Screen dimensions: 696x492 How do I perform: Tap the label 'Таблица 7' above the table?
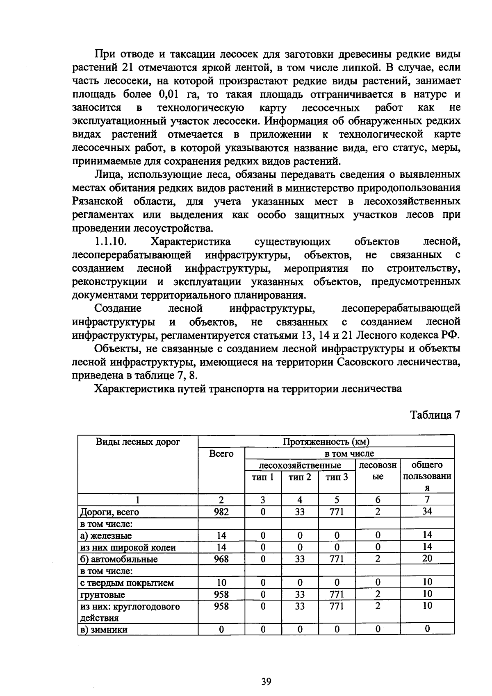[435, 415]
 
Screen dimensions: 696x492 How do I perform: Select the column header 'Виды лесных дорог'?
[138, 442]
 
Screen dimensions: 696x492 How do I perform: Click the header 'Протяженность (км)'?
[326, 442]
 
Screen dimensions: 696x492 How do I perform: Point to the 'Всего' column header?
[221, 453]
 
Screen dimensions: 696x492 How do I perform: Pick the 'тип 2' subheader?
[300, 477]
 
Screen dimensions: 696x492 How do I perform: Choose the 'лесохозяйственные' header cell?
[300, 465]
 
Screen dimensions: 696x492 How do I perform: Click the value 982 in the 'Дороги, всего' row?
[221, 512]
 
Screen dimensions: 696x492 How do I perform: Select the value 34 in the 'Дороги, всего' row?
[427, 511]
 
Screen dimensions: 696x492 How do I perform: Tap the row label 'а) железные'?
[106, 535]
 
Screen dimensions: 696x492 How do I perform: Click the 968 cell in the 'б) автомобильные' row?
[221, 559]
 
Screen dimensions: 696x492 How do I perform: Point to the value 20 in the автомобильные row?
[427, 558]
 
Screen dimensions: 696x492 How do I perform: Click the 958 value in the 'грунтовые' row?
[221, 594]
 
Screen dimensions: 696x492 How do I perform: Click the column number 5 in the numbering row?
[337, 500]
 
